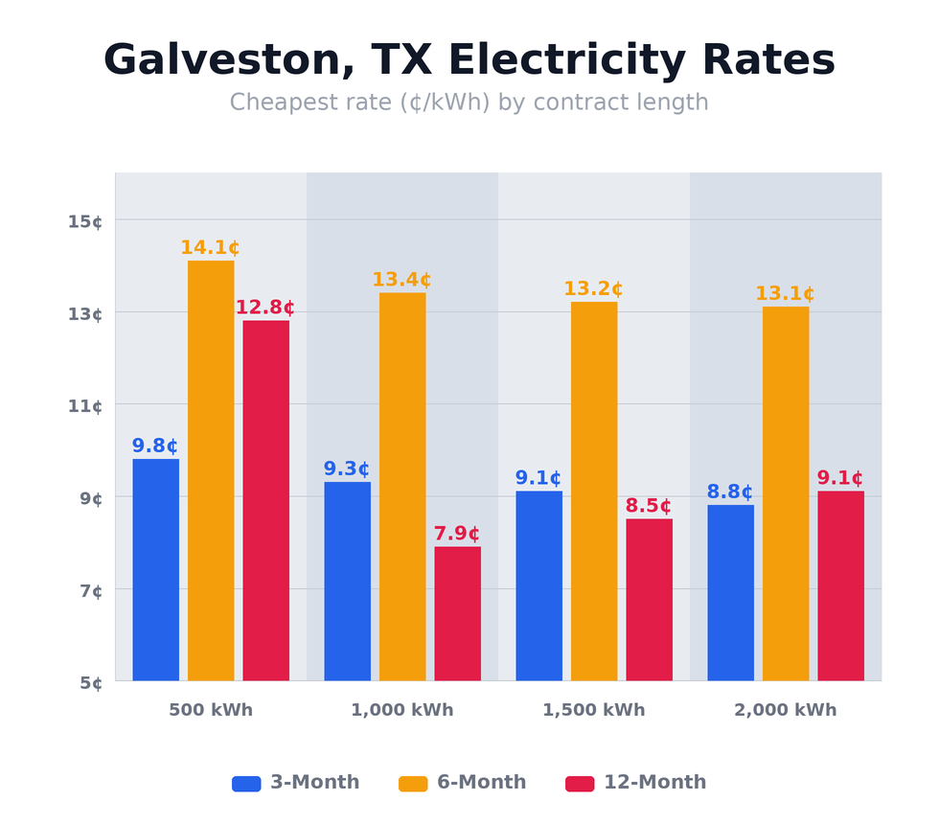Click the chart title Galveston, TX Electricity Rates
(469, 60)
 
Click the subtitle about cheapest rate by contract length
(469, 103)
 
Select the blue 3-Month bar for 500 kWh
(155, 569)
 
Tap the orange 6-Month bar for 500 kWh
(211, 470)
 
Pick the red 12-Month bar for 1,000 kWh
(457, 613)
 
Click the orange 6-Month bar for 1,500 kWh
(594, 491)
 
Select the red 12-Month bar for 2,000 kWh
(840, 585)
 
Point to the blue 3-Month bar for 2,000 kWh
(730, 592)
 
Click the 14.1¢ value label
(210, 248)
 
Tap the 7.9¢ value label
(456, 534)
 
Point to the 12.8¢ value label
(264, 308)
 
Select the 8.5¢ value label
(648, 506)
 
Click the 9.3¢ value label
(346, 469)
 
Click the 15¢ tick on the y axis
(85, 221)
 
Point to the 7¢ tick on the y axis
(91, 590)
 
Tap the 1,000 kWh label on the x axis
(401, 710)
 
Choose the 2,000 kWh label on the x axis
(785, 710)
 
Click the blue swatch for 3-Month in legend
(246, 783)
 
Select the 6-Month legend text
(481, 783)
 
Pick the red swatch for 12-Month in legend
(580, 783)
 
